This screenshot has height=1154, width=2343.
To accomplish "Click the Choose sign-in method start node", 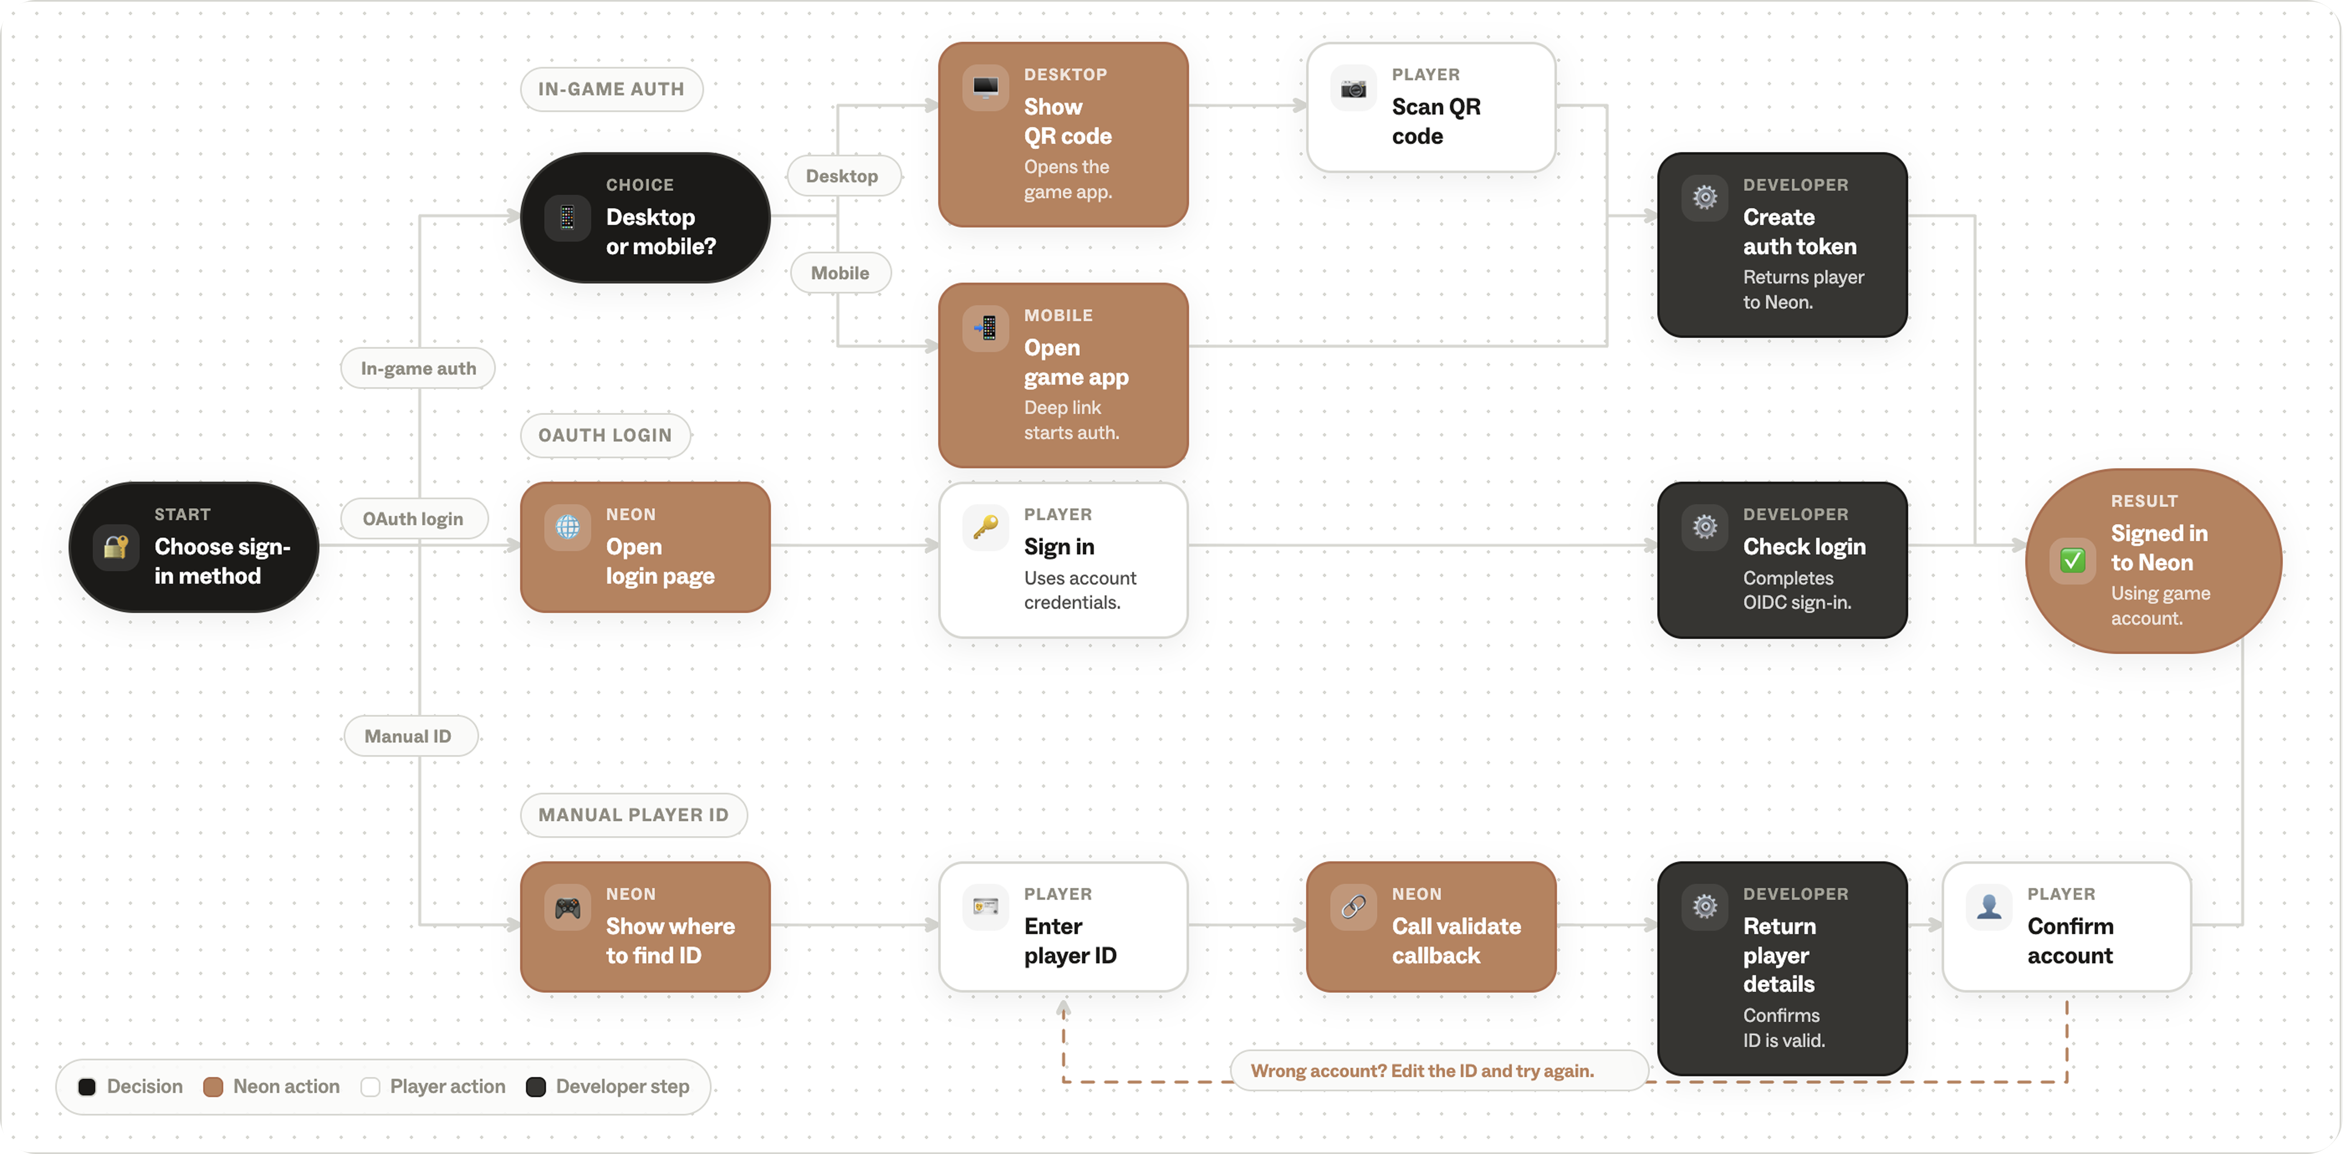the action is click(x=194, y=546).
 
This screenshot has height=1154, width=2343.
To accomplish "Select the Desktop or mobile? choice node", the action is click(x=645, y=217).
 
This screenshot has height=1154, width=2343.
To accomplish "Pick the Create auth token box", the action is click(x=1782, y=245).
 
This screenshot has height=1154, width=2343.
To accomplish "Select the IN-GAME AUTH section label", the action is click(x=611, y=89).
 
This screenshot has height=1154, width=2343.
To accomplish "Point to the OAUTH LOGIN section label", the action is click(x=605, y=436).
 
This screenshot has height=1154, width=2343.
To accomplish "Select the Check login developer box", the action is click(x=1782, y=560).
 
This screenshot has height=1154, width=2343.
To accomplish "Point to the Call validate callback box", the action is click(x=1431, y=927).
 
